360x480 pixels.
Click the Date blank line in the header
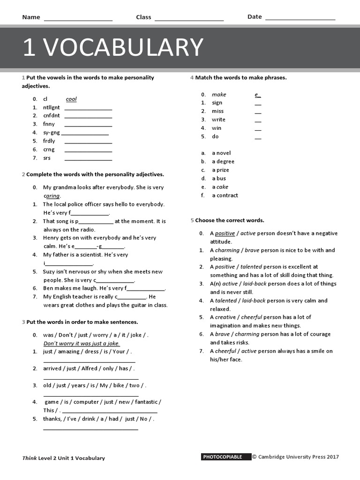(x=300, y=19)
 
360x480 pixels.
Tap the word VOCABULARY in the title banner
(x=126, y=47)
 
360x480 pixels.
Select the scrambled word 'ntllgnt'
(x=52, y=107)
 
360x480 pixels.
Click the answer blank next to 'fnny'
(x=88, y=126)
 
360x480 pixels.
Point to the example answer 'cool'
(x=71, y=99)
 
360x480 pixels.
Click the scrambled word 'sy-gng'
(x=52, y=133)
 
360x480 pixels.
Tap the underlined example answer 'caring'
(x=52, y=196)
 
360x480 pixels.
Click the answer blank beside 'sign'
(x=258, y=105)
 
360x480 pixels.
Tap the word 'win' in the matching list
(x=217, y=128)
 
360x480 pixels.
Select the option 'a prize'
(x=220, y=170)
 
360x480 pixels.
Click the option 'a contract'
(x=225, y=195)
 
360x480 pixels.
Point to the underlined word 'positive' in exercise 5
(x=225, y=233)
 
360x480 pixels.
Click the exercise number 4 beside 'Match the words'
(x=192, y=77)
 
